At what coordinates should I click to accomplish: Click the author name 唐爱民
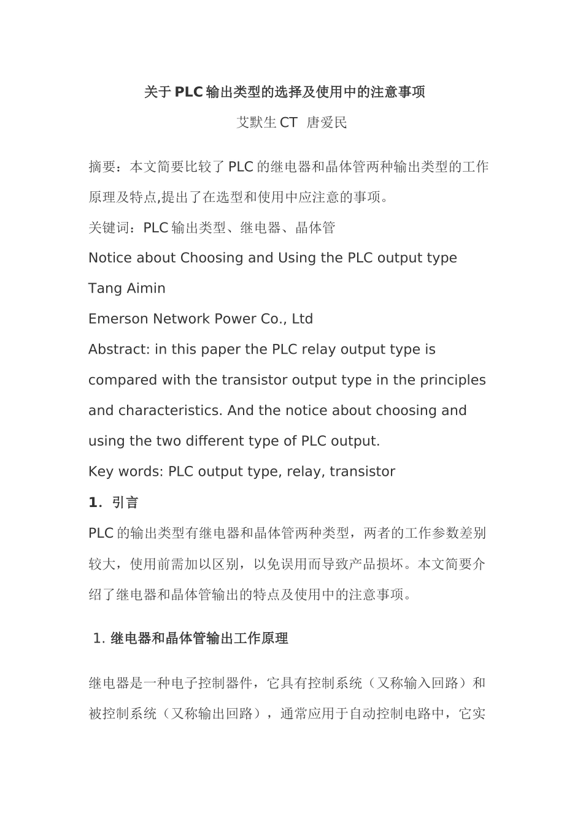coord(326,123)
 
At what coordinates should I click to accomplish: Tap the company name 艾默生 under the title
coord(257,123)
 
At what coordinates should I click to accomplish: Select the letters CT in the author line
coord(288,123)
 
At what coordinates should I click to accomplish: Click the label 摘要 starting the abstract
coord(102,167)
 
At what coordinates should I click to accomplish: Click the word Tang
coord(105,289)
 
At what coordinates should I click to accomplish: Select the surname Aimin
coord(145,288)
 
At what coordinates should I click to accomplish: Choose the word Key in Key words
coord(100,472)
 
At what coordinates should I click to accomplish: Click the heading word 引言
coord(126,503)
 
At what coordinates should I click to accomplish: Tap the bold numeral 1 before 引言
coord(93,503)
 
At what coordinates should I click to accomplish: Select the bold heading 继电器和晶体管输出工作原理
coord(199,639)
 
